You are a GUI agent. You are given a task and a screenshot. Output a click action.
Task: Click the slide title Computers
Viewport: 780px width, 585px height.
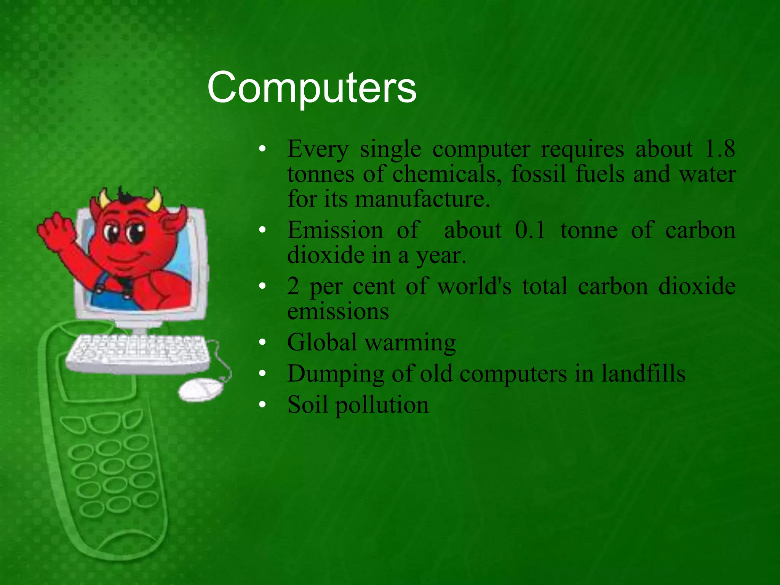[312, 88]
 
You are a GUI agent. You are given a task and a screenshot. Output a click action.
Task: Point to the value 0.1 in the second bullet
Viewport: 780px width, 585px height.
[530, 230]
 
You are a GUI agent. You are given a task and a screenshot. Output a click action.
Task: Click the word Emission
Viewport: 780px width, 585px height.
[335, 230]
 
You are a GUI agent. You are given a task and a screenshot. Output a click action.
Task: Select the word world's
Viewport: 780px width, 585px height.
[474, 286]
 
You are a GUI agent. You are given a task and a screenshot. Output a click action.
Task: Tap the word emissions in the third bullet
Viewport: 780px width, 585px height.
[338, 311]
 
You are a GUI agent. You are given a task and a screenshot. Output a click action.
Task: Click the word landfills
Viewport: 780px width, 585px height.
[643, 373]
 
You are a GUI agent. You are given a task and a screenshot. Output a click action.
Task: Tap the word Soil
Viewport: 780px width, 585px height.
[307, 404]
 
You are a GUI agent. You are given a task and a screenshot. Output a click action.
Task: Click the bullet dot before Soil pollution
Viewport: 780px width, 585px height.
[262, 405]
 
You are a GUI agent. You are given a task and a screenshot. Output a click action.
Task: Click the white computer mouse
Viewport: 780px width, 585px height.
[200, 389]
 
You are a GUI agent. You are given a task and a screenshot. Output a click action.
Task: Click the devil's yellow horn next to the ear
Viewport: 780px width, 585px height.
[154, 200]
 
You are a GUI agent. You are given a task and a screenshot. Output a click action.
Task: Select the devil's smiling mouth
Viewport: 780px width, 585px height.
[126, 259]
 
